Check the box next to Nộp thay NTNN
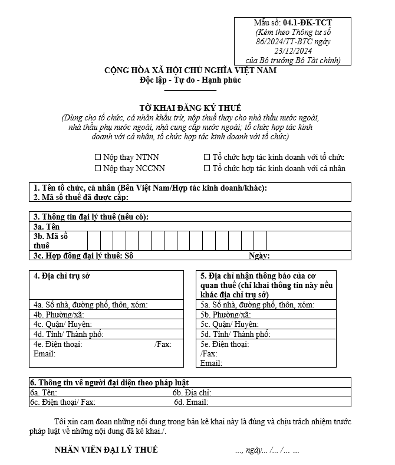point(98,158)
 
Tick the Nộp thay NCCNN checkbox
point(98,168)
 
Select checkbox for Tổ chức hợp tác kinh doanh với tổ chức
point(207,158)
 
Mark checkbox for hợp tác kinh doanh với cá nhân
point(207,168)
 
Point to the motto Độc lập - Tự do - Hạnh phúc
point(190,80)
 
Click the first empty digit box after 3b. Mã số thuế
point(94,240)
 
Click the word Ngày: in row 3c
point(259,256)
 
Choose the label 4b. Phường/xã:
point(59,315)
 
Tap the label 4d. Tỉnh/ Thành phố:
point(68,335)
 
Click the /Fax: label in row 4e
point(163,344)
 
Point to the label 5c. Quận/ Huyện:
point(229,325)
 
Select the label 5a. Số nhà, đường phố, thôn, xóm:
point(257,304)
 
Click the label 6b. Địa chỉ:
point(192,392)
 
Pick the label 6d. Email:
point(191,402)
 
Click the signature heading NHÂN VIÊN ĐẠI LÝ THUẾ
point(106,450)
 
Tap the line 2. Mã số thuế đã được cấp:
point(81,197)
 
